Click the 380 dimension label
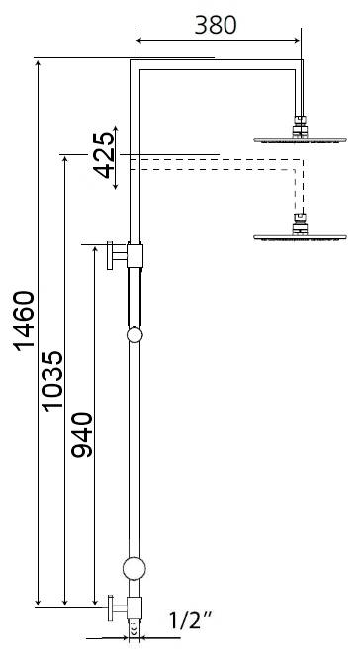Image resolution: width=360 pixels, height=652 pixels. click(217, 25)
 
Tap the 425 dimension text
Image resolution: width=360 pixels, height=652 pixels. click(107, 154)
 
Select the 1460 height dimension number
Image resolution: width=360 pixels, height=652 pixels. click(22, 321)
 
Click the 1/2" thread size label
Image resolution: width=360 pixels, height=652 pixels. click(190, 621)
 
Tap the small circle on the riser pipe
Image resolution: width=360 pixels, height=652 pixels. click(135, 335)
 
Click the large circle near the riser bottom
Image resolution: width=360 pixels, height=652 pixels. click(135, 568)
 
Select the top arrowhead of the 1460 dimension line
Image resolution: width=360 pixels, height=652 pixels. click(38, 63)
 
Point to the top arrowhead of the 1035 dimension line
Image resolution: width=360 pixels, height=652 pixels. click(65, 158)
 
